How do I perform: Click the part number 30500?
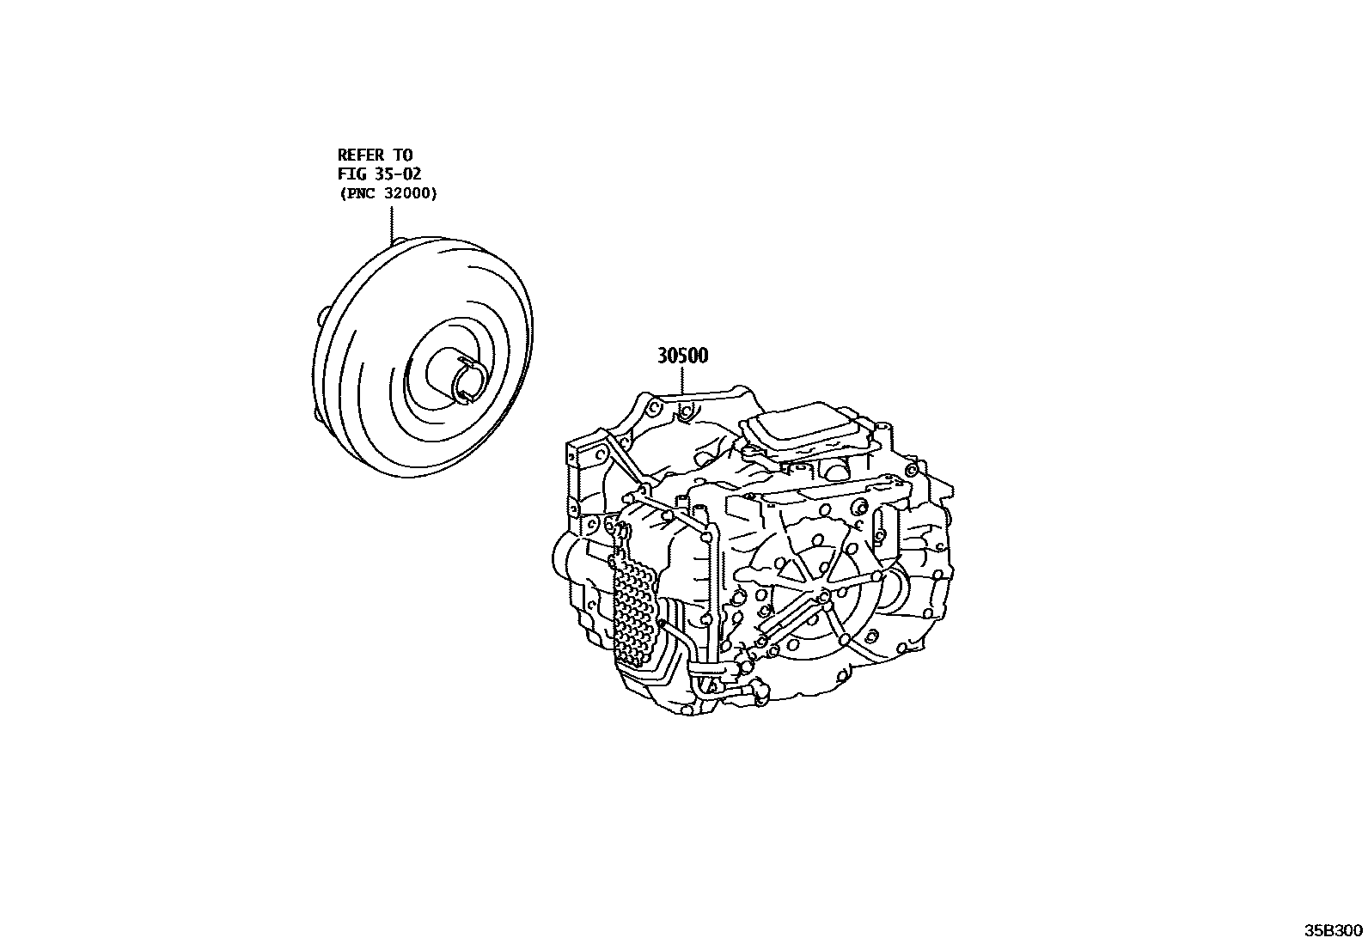coord(682,356)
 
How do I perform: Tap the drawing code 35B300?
coord(1334,931)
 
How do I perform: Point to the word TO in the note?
coord(403,155)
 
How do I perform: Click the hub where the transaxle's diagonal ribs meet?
coord(822,594)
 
